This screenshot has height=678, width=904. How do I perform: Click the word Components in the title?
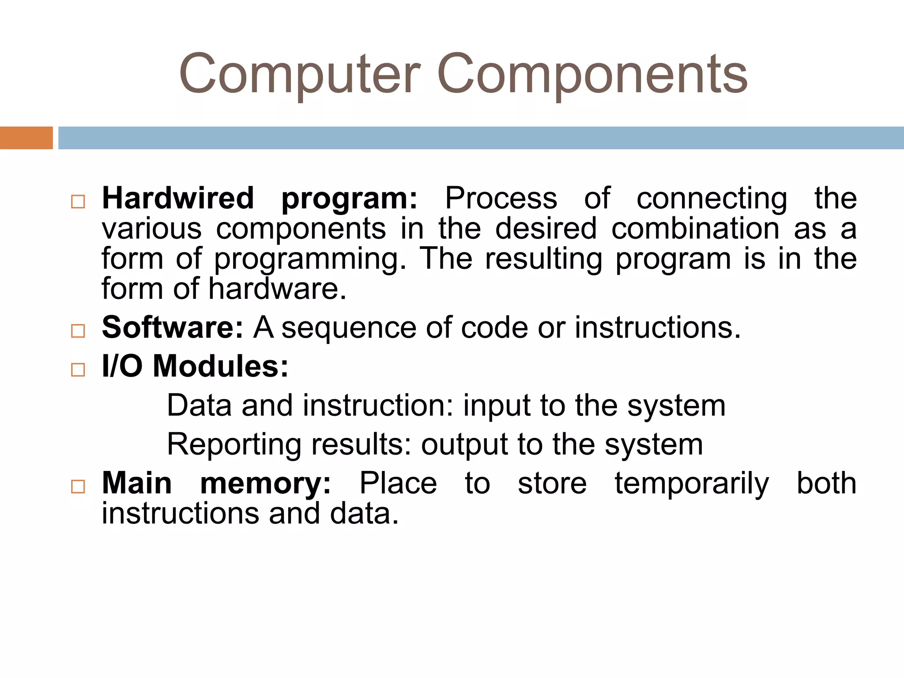(x=592, y=74)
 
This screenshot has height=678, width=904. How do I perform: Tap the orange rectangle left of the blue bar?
(x=26, y=138)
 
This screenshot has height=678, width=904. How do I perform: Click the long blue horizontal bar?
(x=481, y=138)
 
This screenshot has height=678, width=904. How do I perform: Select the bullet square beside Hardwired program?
(x=78, y=202)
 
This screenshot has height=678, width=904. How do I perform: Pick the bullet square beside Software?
(x=78, y=331)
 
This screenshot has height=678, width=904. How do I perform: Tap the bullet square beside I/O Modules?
(x=78, y=369)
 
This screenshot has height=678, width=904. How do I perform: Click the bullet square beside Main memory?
(x=78, y=486)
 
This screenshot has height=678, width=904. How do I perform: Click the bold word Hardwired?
(x=178, y=198)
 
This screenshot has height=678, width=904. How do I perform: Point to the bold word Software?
(x=173, y=328)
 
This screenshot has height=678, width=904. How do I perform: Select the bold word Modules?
(x=220, y=366)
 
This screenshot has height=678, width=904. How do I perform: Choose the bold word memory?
(x=265, y=483)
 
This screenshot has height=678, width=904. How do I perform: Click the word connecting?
(x=712, y=199)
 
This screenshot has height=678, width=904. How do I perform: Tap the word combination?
(x=695, y=229)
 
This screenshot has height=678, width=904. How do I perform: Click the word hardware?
(x=277, y=289)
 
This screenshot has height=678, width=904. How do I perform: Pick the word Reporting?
(x=234, y=445)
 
